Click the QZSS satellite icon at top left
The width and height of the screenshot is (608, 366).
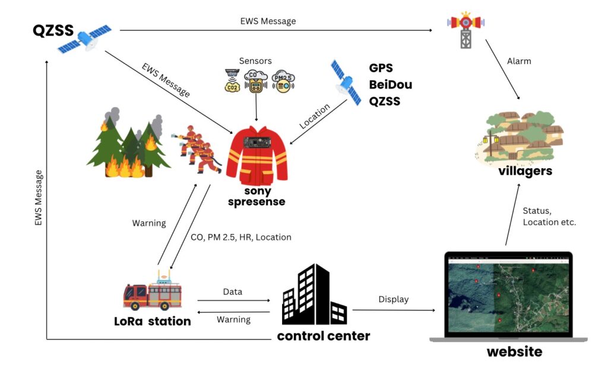tap(84, 38)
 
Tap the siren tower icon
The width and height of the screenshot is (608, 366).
tap(466, 30)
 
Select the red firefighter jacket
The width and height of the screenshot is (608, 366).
tap(256, 154)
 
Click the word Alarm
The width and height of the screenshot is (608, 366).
tap(519, 61)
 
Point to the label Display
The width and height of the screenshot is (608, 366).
tap(393, 299)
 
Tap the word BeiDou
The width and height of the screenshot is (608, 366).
tap(390, 84)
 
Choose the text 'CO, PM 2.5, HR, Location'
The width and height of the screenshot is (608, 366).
tap(241, 237)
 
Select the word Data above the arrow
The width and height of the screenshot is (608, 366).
tap(232, 292)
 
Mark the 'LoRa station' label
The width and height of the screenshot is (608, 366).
tap(153, 321)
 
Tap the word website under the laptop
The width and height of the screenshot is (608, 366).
tap(514, 352)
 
